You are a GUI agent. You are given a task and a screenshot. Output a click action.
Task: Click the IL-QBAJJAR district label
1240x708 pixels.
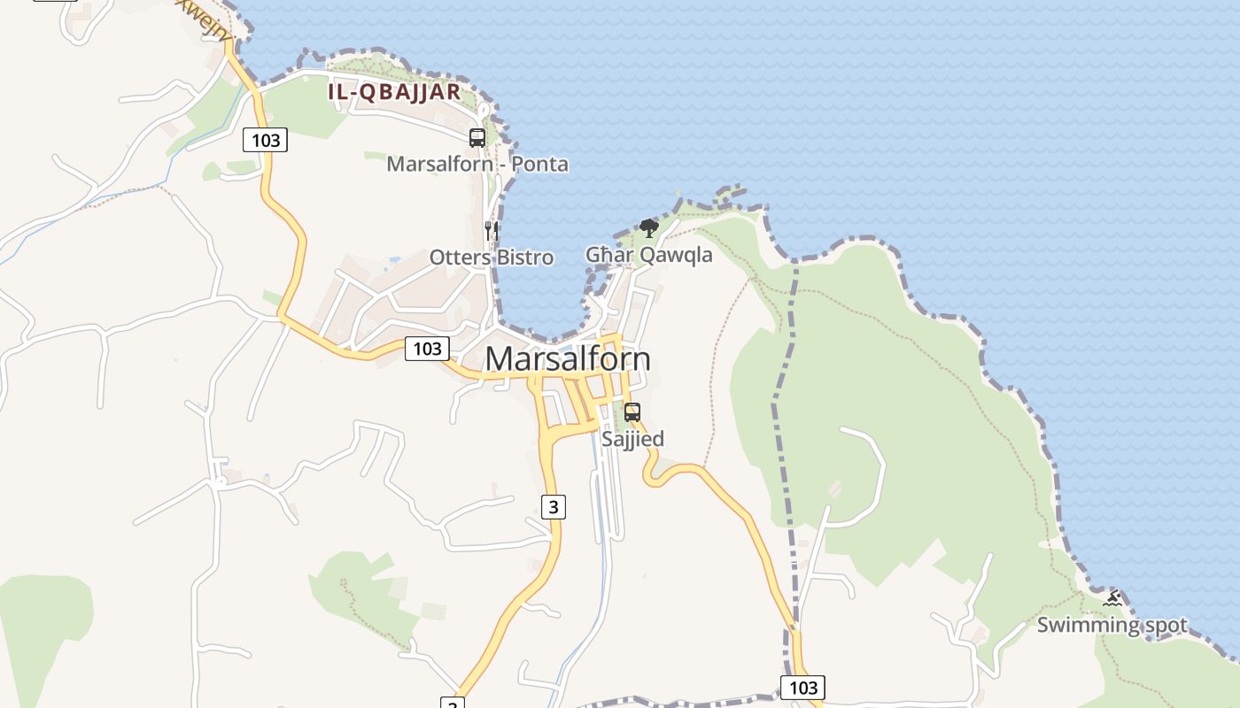click(394, 91)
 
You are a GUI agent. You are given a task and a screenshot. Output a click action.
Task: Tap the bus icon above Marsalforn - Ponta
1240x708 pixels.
click(477, 138)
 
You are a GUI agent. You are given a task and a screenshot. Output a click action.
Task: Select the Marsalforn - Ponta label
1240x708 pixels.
click(477, 164)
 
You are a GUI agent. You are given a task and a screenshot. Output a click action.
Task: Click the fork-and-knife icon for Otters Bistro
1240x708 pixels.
click(492, 231)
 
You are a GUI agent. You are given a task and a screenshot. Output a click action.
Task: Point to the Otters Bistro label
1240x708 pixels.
click(492, 258)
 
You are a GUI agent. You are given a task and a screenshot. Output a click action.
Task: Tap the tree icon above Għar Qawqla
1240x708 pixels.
click(649, 228)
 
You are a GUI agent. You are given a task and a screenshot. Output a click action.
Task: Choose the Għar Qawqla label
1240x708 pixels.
click(649, 255)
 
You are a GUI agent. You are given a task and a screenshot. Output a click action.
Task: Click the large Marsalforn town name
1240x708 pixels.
click(568, 358)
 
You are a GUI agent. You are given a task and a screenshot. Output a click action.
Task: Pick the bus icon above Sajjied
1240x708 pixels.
click(632, 412)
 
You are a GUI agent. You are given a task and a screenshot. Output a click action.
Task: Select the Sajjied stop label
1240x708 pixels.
click(632, 439)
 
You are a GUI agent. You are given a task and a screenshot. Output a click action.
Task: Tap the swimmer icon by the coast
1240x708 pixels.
click(1112, 598)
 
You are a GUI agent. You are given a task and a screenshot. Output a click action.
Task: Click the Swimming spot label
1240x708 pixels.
click(1112, 625)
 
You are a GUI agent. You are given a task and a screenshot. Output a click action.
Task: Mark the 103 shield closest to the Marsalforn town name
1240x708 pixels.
click(427, 349)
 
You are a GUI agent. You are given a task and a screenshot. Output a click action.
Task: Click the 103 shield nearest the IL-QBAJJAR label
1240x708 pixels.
click(266, 140)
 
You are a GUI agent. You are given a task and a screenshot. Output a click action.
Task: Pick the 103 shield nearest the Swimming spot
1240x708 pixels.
click(802, 688)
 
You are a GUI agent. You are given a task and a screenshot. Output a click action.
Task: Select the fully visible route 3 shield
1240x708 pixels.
click(554, 507)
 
